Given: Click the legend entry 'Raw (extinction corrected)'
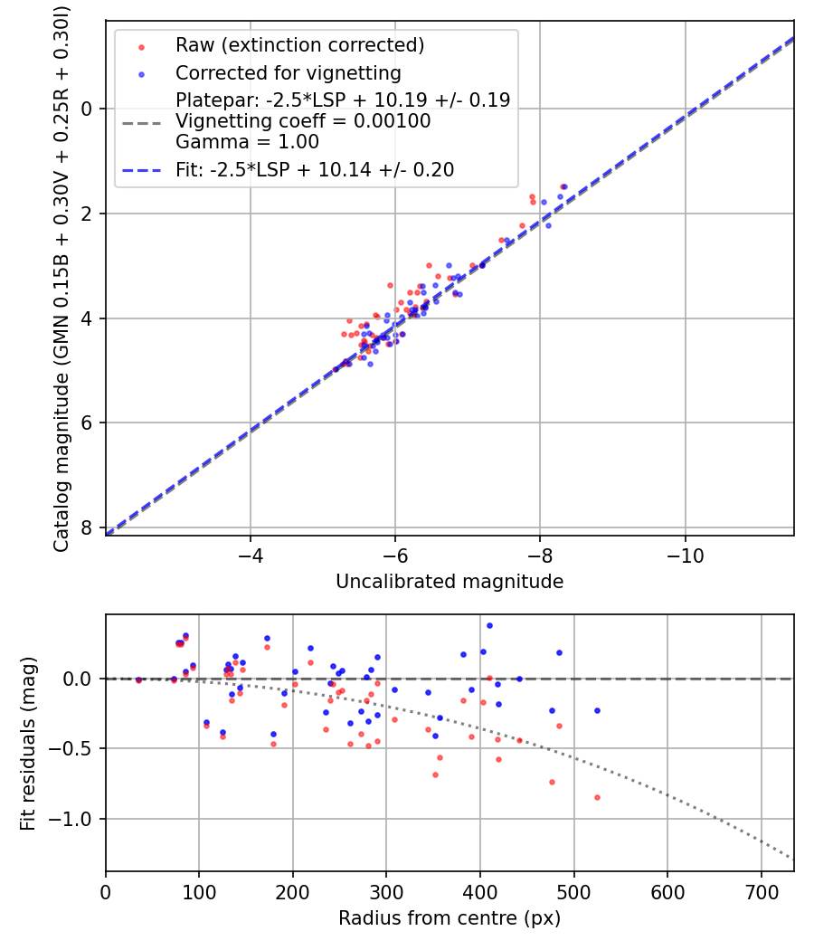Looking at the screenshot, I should coord(299,44).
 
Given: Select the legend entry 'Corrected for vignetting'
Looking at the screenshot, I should coord(289,72).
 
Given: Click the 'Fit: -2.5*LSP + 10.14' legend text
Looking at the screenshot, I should coord(315,169).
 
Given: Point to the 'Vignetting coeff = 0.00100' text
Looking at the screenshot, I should coord(303,121).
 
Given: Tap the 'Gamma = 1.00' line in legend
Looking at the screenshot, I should coord(247,142).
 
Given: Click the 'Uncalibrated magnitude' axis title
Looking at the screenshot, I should coord(450,582).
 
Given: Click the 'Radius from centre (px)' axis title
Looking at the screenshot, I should coord(450,918).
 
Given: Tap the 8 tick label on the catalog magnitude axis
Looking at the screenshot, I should coord(88,527).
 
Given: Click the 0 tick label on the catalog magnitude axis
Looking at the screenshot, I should coord(88,109).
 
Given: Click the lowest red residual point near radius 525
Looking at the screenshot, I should coord(597,797).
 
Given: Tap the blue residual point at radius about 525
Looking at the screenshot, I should coord(597,710).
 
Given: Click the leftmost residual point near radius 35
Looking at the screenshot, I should coord(138,679).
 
